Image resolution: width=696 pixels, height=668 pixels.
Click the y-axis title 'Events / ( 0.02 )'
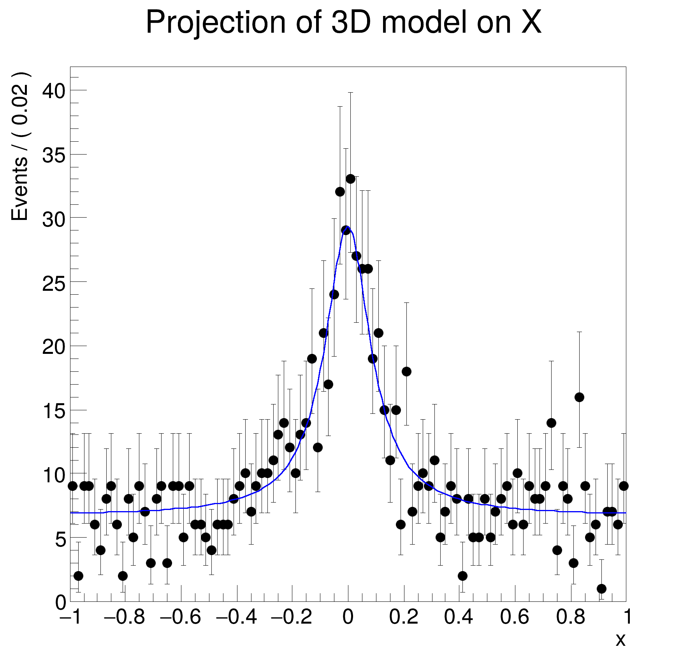click(x=20, y=147)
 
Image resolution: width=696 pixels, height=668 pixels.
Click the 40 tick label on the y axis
click(x=54, y=91)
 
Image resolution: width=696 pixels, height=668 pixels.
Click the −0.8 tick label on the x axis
click(x=125, y=617)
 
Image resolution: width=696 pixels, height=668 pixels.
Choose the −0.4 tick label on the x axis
click(x=236, y=617)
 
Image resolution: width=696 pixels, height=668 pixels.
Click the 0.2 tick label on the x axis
click(x=404, y=617)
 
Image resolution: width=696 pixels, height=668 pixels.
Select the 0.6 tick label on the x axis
click(x=515, y=617)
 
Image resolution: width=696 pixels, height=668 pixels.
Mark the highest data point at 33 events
click(x=350, y=179)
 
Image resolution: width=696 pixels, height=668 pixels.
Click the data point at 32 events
click(x=340, y=192)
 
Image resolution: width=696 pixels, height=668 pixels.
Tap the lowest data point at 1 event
click(x=601, y=589)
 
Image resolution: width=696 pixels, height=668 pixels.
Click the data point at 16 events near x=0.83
click(x=579, y=397)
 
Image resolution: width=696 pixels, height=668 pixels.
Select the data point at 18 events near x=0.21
click(x=406, y=371)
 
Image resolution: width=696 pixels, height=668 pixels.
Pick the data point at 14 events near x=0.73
click(x=551, y=423)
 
